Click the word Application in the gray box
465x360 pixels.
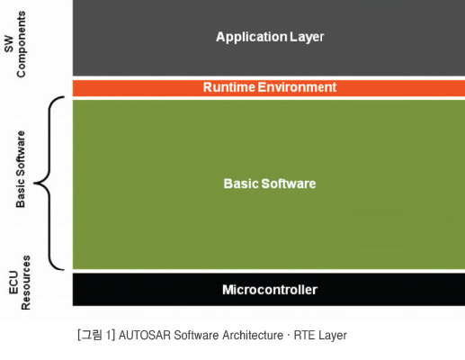(251, 37)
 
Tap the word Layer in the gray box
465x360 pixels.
(307, 37)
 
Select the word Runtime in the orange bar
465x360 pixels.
(229, 87)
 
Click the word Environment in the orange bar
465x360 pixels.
(297, 87)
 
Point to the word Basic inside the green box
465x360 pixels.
(241, 184)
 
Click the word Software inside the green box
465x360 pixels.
(289, 184)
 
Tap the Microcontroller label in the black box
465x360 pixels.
(270, 290)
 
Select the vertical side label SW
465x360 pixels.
(9, 44)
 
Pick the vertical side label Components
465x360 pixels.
(21, 44)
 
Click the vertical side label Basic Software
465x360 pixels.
(21, 169)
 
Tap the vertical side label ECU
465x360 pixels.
(13, 283)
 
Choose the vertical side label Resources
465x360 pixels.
(26, 283)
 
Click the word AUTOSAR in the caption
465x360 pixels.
(145, 335)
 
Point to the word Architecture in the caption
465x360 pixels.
(253, 335)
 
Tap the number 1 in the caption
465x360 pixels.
(109, 335)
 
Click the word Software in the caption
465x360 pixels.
(197, 335)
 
